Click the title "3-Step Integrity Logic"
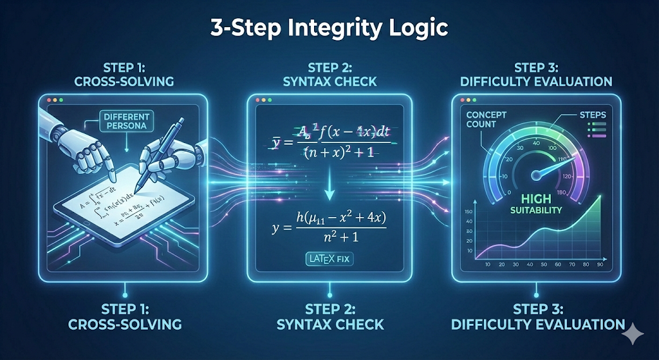[x=329, y=29]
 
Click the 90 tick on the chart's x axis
[x=600, y=265]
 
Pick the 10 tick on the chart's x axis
[x=487, y=265]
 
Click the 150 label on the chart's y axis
[x=468, y=212]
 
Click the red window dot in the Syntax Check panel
[x=259, y=102]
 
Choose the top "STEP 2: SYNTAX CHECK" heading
[x=329, y=75]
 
